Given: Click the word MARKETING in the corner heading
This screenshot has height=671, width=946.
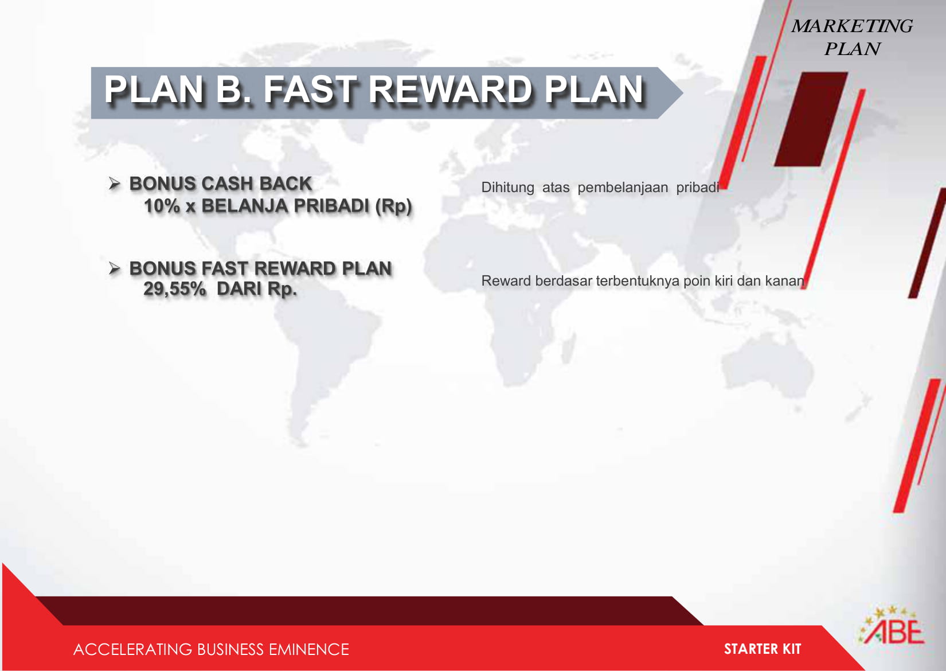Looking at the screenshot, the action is [852, 26].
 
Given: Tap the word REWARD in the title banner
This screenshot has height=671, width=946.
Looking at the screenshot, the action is [449, 89].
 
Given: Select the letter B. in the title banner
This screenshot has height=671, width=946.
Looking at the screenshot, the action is [233, 89].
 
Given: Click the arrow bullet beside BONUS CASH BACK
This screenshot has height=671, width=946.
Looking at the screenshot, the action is [114, 184].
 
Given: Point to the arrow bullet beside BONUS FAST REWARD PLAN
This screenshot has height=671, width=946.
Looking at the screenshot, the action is [114, 268].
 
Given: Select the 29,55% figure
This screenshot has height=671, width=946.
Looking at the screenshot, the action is [175, 289].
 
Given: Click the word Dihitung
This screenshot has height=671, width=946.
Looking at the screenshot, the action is [507, 188].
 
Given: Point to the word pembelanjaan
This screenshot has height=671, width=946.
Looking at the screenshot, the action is [623, 188].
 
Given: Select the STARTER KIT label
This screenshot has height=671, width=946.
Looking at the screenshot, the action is [763, 649].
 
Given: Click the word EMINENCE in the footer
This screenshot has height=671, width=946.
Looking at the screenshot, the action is [308, 649].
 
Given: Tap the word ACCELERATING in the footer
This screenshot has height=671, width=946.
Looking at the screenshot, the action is [132, 649].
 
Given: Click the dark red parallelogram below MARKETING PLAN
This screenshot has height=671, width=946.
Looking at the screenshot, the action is [811, 119].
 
